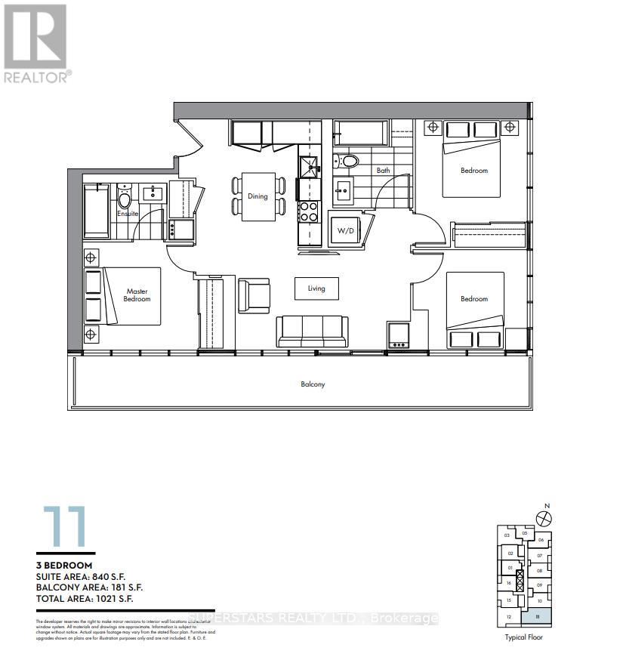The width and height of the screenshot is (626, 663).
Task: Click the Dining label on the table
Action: pos(257,196)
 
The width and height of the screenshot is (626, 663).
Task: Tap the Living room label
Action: pos(316,288)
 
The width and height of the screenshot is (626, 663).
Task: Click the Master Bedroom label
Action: pos(137,295)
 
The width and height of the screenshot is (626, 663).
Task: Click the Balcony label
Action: pos(312,384)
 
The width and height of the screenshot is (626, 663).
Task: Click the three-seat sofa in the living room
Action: pos(313,330)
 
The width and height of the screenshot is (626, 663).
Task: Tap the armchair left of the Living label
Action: pos(253,294)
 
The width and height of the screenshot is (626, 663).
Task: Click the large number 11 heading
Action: pos(64,526)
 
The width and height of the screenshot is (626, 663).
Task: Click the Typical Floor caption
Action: pos(524,637)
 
